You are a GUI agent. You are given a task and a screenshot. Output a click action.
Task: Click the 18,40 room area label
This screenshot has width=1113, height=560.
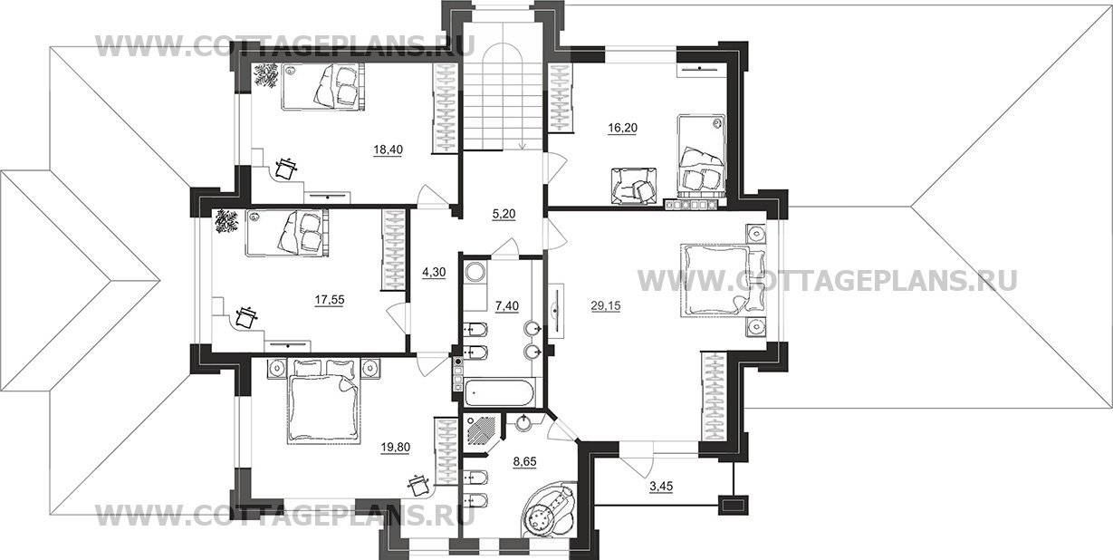pos(389,150)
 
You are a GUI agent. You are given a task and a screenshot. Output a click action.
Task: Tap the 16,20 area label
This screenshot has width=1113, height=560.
pos(622,129)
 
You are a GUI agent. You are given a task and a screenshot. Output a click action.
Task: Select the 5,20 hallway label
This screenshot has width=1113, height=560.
pos(504,214)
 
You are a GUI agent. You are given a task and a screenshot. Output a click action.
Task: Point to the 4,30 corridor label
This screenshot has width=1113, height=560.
pos(434,272)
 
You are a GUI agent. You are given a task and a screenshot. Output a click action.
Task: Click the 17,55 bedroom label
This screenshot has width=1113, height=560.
pos(330,299)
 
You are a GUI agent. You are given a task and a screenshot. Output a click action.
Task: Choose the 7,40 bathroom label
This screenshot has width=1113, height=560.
pos(507,306)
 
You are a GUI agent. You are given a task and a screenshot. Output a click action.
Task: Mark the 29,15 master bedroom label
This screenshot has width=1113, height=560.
pos(606,306)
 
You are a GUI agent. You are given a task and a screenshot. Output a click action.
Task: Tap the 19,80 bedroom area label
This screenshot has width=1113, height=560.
pos(396,448)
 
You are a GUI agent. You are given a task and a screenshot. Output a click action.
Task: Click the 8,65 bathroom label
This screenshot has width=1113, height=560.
pos(524,461)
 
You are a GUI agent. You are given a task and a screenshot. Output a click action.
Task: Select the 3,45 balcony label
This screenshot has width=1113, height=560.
pos(661,487)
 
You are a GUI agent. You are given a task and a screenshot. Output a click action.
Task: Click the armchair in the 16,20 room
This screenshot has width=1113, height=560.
pos(632,186)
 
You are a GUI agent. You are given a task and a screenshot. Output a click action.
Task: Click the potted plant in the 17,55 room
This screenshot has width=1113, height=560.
pos(226,221)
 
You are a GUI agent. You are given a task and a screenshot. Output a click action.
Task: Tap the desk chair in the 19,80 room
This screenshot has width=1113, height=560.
pos(419,486)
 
